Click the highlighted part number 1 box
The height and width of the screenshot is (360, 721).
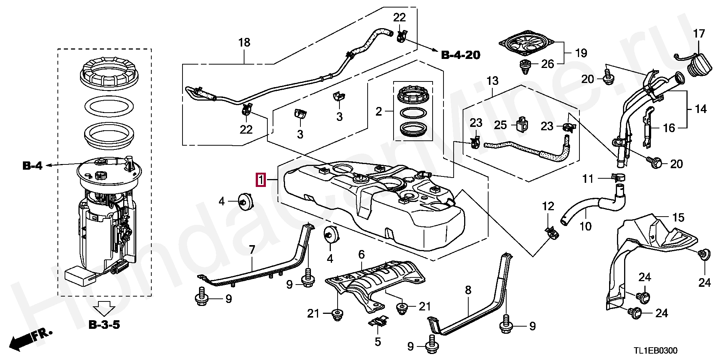click(x=261, y=180)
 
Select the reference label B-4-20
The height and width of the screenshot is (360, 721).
click(x=460, y=55)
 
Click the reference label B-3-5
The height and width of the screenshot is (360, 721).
click(x=104, y=324)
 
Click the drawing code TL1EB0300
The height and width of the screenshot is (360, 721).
click(x=656, y=351)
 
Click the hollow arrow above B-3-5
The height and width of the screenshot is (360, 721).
click(x=104, y=309)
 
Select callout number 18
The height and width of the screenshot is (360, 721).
click(x=244, y=42)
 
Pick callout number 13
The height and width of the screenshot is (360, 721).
click(x=492, y=80)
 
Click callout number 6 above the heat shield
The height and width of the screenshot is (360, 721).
click(x=361, y=255)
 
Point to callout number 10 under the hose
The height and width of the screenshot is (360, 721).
click(x=585, y=226)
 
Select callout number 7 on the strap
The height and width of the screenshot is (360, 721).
click(x=252, y=249)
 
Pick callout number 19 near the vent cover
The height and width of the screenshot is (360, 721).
click(x=581, y=53)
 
